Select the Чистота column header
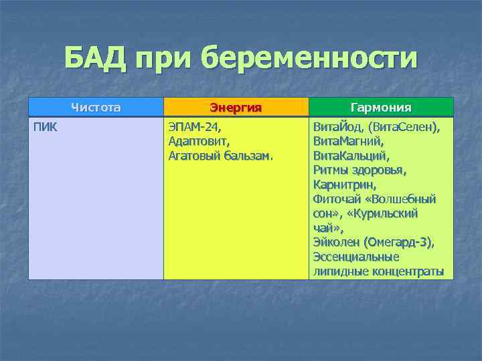[96, 107]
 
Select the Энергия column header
[235, 108]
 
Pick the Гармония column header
[381, 108]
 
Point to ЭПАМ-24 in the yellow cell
[194, 127]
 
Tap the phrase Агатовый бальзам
[220, 156]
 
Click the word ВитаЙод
[336, 127]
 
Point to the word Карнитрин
[344, 185]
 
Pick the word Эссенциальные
[355, 257]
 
